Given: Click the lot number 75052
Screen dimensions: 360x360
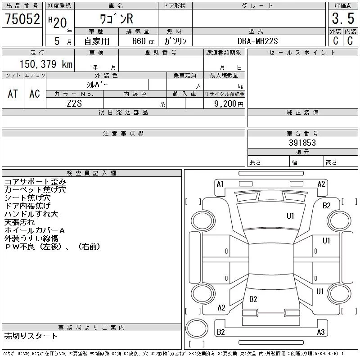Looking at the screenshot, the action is point(22,18).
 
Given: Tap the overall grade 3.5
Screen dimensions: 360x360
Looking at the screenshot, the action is point(343,18).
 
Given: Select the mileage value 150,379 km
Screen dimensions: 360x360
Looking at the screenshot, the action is point(46,64).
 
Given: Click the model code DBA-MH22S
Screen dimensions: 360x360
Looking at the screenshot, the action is point(257,41).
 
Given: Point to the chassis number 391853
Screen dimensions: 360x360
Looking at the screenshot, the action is point(302,143).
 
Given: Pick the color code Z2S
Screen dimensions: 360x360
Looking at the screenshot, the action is point(74,103).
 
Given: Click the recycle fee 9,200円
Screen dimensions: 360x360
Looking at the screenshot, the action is point(229,104).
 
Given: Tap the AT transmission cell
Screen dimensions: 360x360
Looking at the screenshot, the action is point(13,94).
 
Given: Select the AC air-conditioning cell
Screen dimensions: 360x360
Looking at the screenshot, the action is point(35,94).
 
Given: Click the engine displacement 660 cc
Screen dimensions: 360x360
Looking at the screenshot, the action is point(143,41).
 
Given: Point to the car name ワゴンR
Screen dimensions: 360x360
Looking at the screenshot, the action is point(117,18).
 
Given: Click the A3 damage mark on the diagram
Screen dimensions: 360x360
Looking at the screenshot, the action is point(321,332).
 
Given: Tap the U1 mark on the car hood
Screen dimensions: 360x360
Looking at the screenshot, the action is point(290,216).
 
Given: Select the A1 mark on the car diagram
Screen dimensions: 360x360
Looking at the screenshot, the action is point(220,184).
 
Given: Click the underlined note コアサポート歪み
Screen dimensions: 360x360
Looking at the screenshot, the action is point(35,182).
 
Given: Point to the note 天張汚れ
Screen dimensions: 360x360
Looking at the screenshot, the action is point(19,222).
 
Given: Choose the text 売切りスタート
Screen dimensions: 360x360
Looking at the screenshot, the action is point(31,336).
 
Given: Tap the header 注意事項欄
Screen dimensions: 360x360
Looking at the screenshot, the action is point(123,133).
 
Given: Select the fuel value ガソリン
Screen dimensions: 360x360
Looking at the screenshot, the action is point(175,41).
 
